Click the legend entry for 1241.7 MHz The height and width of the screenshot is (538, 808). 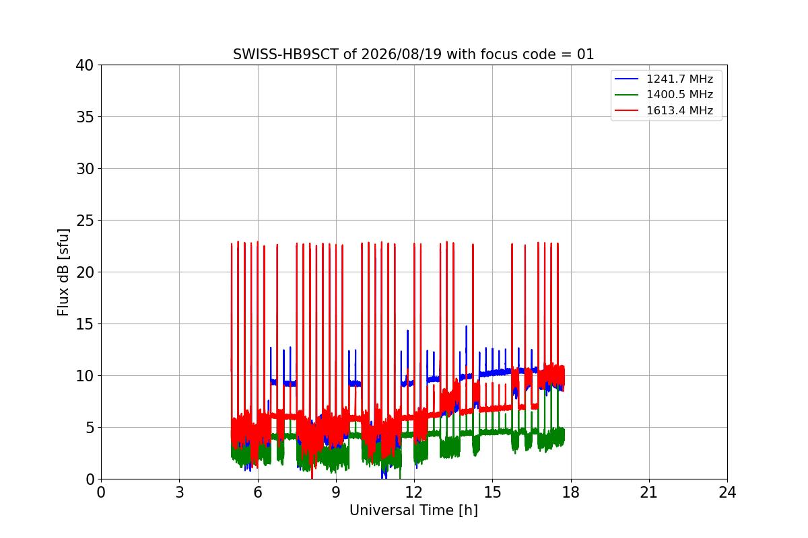[x=664, y=79]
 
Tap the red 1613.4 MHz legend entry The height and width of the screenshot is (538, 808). [x=664, y=110]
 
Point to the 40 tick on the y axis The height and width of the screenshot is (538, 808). [x=84, y=65]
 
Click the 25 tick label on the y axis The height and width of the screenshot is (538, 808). [x=84, y=221]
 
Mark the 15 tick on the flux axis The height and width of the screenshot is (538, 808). [x=84, y=324]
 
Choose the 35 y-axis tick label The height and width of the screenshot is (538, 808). [x=84, y=117]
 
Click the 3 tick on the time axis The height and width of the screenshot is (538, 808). [x=180, y=492]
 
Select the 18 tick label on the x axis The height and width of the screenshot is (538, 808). [x=571, y=492]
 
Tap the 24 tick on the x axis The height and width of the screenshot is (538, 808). [x=728, y=492]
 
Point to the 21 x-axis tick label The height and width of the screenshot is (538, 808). [x=649, y=492]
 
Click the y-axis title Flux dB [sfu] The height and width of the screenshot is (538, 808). [x=63, y=272]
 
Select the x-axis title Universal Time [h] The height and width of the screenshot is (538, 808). [x=413, y=510]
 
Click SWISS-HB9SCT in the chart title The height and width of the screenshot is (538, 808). [x=285, y=54]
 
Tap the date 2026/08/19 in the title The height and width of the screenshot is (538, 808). [x=401, y=54]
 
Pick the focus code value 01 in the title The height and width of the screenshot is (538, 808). [x=585, y=54]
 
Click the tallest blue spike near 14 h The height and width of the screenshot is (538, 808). [x=467, y=326]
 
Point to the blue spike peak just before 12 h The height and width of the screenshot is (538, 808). [x=408, y=330]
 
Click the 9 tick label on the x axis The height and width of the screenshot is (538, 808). [x=336, y=492]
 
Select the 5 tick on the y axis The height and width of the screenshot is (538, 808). [x=90, y=428]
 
